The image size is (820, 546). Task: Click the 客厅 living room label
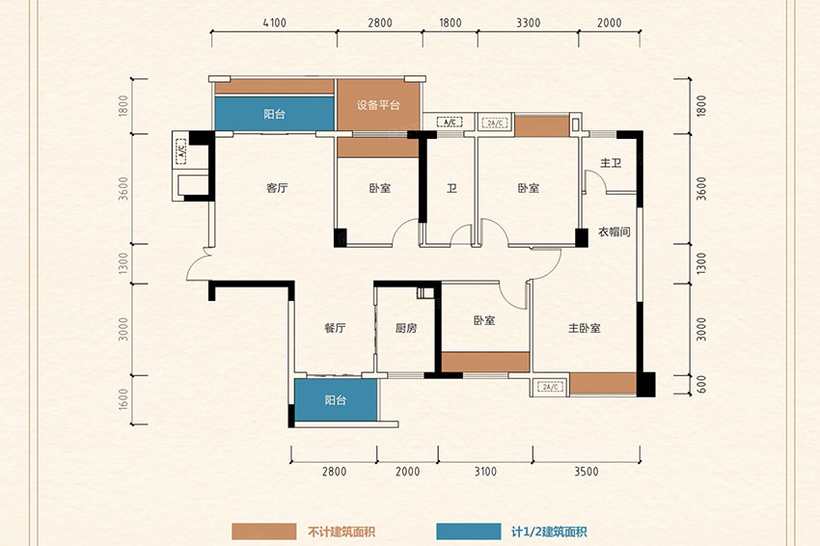pyautogui.click(x=277, y=188)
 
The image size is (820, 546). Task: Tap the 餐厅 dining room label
pyautogui.click(x=335, y=328)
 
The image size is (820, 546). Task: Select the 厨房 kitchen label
pyautogui.click(x=406, y=328)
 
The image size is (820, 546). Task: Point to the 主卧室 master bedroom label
pyautogui.click(x=585, y=328)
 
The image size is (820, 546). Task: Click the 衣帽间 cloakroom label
pyautogui.click(x=614, y=232)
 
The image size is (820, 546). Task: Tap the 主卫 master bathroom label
pyautogui.click(x=611, y=163)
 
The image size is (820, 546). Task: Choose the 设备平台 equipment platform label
pyautogui.click(x=378, y=104)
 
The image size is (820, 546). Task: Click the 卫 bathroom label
pyautogui.click(x=451, y=188)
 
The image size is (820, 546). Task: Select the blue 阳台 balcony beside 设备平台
pyautogui.click(x=275, y=114)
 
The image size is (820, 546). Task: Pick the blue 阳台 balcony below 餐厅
pyautogui.click(x=335, y=400)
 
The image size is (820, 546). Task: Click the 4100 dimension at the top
pyautogui.click(x=275, y=23)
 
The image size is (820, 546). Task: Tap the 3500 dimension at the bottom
pyautogui.click(x=587, y=471)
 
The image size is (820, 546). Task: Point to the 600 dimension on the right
pyautogui.click(x=701, y=384)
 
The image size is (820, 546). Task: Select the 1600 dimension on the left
pyautogui.click(x=123, y=399)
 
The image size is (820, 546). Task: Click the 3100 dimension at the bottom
pyautogui.click(x=485, y=471)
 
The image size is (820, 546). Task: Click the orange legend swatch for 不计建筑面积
pyautogui.click(x=264, y=532)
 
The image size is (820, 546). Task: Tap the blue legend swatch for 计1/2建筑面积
pyautogui.click(x=469, y=532)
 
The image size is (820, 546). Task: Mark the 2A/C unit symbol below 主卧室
pyautogui.click(x=550, y=387)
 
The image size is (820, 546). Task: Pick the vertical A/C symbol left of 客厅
pyautogui.click(x=181, y=151)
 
